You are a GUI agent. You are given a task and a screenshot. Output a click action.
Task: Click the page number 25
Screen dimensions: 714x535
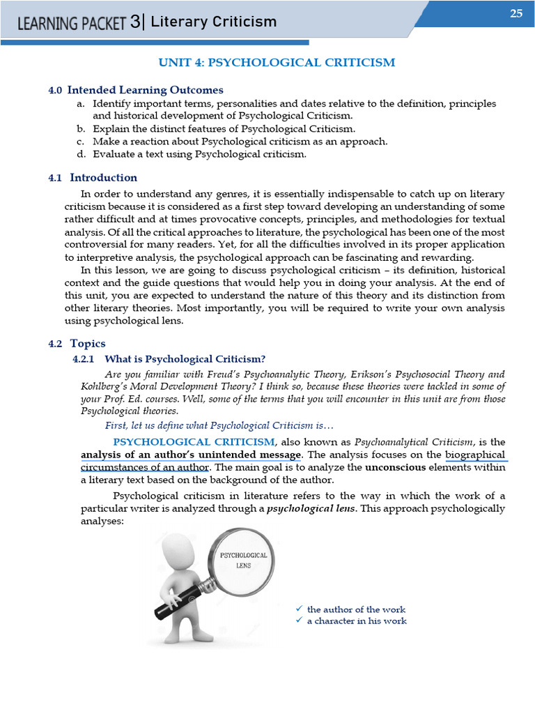point(515,13)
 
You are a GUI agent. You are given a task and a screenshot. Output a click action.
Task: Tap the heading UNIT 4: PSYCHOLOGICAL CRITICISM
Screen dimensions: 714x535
point(277,63)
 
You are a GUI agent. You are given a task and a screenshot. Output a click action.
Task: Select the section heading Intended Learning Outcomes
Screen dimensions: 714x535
point(145,90)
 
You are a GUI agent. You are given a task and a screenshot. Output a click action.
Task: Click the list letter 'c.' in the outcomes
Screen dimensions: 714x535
point(81,141)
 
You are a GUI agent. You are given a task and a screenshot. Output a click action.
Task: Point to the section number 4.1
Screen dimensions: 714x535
point(56,178)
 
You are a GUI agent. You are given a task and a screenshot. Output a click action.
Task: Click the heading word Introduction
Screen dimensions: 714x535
point(103,178)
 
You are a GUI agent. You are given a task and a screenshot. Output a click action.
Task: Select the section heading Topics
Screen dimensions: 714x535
point(88,344)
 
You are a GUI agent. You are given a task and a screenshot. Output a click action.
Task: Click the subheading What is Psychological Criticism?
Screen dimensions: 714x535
point(185,359)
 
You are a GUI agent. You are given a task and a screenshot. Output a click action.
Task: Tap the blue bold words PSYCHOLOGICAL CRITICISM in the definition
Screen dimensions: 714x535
point(194,442)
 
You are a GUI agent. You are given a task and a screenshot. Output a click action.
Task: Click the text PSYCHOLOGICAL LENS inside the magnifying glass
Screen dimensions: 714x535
point(244,560)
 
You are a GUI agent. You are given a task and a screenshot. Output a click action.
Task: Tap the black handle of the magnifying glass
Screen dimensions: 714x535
point(174,602)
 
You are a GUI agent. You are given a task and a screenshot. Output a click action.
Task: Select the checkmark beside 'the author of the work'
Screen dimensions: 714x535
point(299,609)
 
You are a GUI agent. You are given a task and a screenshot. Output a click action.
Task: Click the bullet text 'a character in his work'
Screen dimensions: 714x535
point(357,621)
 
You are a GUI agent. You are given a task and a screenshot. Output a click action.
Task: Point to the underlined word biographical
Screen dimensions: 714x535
point(475,455)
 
